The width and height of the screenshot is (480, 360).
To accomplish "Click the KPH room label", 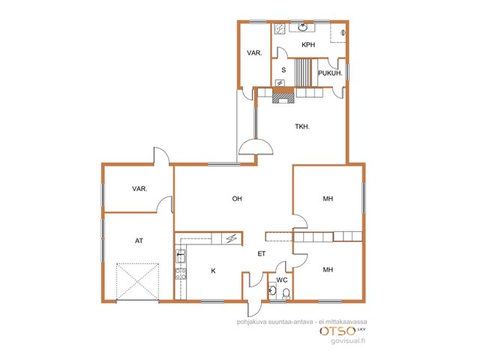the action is [x=308, y=45].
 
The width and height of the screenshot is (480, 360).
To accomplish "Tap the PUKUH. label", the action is [x=330, y=73].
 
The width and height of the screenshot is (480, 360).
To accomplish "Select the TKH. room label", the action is [x=302, y=127].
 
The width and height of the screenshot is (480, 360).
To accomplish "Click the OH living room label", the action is [x=237, y=199].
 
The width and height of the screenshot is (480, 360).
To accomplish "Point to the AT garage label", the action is [x=139, y=241].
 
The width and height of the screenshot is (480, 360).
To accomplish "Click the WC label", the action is [x=282, y=280].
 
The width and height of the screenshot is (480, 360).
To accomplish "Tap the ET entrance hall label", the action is [x=262, y=253].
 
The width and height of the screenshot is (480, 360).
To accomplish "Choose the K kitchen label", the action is [x=213, y=271].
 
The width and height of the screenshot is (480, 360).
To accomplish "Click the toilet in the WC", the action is [x=286, y=293].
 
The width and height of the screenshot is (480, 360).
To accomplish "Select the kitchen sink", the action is [x=180, y=256].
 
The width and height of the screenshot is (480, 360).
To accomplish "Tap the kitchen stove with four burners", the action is [x=180, y=273].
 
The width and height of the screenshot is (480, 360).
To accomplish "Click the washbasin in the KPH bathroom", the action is [x=302, y=27].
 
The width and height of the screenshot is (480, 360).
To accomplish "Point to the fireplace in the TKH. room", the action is [x=283, y=95].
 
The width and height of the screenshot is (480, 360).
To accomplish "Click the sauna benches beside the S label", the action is [x=302, y=73].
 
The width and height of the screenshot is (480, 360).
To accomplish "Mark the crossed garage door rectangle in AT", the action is [x=137, y=281].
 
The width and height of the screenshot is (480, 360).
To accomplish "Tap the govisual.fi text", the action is [x=348, y=340].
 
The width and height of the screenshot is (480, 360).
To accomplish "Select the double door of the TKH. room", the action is [x=256, y=147].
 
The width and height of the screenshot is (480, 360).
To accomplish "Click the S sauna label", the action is [x=283, y=70].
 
